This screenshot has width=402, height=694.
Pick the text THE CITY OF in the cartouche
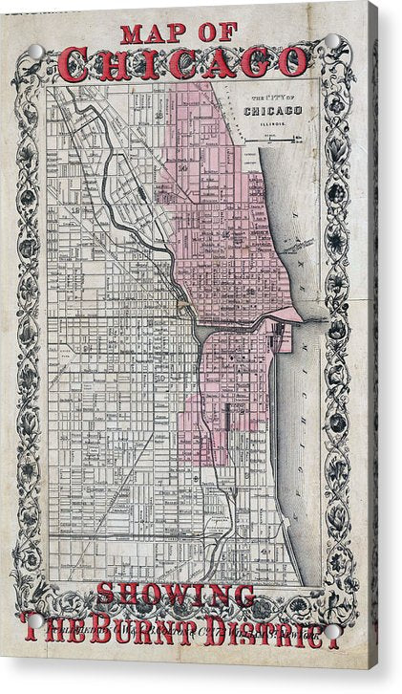tap(274, 98)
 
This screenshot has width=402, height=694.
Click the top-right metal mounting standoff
tap(333, 43)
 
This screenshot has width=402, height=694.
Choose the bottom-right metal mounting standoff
tap(331, 631)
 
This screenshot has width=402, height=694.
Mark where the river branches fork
tap(194, 327)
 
